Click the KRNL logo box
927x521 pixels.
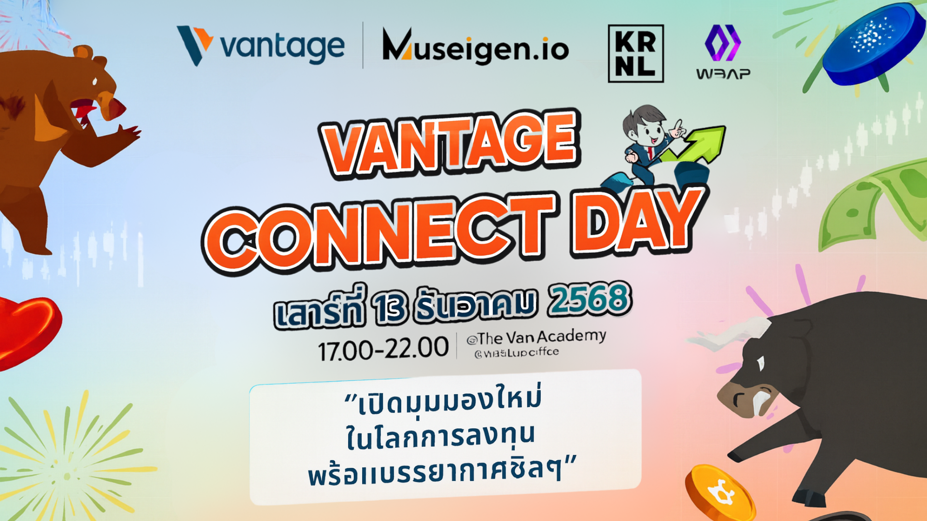(635, 54)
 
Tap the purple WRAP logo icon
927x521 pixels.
(723, 42)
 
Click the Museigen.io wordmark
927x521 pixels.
(476, 47)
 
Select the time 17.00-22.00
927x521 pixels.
(383, 348)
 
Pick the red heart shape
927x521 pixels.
(27, 328)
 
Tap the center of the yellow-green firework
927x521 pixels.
(68, 475)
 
